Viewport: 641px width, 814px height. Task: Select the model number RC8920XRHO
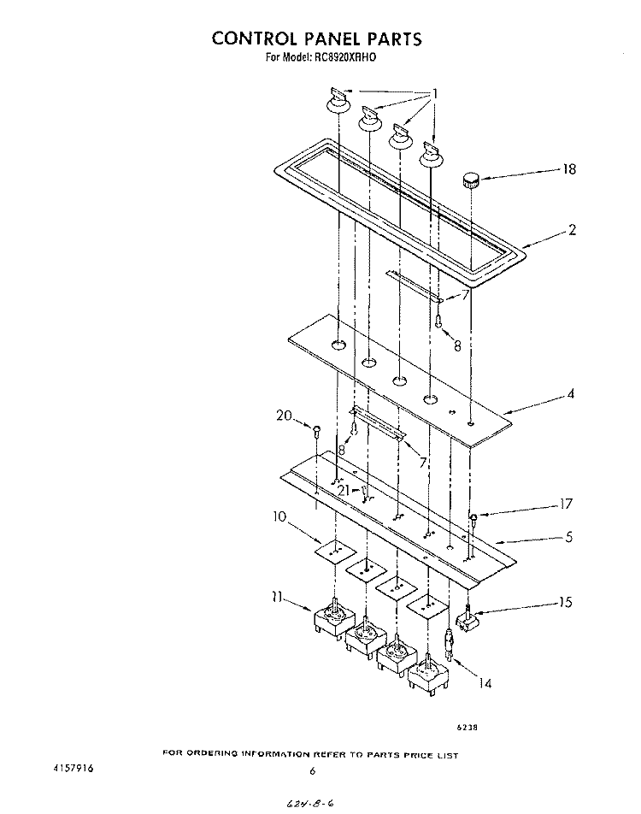(x=345, y=57)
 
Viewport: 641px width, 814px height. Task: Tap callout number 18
(x=569, y=169)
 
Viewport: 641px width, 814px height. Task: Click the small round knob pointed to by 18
(x=471, y=180)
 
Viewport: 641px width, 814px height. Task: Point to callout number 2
(x=572, y=230)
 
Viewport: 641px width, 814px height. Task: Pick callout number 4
(x=571, y=393)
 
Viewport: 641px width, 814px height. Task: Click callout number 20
(x=284, y=416)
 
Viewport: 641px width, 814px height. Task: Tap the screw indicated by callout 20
(x=316, y=430)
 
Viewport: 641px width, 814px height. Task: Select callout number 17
(x=566, y=504)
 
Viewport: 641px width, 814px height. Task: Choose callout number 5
(x=569, y=536)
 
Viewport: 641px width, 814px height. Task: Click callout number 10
(x=279, y=517)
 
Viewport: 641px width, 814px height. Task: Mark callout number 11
(x=277, y=598)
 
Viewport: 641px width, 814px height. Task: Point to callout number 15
(x=566, y=602)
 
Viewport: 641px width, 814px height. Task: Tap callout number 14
(x=485, y=683)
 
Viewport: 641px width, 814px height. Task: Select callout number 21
(x=343, y=491)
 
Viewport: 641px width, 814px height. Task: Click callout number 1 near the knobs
(x=436, y=94)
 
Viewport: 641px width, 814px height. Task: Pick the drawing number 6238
(x=468, y=728)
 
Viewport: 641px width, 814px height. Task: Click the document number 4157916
(x=74, y=769)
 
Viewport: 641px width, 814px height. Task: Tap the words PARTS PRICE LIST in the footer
(x=413, y=755)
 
